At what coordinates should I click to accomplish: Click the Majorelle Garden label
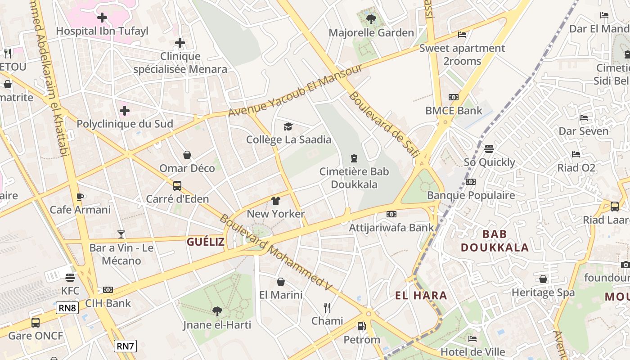tap(371, 33)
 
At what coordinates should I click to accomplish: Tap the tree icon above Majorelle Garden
tap(371, 19)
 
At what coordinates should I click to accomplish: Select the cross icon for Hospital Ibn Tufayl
tap(102, 18)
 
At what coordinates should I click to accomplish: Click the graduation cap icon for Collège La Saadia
tap(288, 127)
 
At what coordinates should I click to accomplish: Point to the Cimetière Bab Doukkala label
tap(354, 178)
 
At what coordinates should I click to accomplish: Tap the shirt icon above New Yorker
tap(276, 201)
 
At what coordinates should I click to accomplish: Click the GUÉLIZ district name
tap(206, 242)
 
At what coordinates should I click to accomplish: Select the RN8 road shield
tap(67, 308)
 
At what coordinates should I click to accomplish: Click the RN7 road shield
tap(125, 346)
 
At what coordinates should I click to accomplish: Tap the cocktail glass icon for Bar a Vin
tap(121, 234)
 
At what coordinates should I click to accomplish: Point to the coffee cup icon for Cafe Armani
tap(80, 197)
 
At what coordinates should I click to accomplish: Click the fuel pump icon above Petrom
tap(361, 326)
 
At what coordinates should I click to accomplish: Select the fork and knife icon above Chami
tap(327, 308)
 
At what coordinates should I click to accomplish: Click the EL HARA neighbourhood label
tap(421, 296)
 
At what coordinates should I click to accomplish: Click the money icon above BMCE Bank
tap(454, 97)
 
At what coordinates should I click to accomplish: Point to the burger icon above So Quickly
tap(489, 149)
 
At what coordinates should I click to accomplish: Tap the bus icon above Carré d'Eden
tap(177, 185)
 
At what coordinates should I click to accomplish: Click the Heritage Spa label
tap(543, 292)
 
